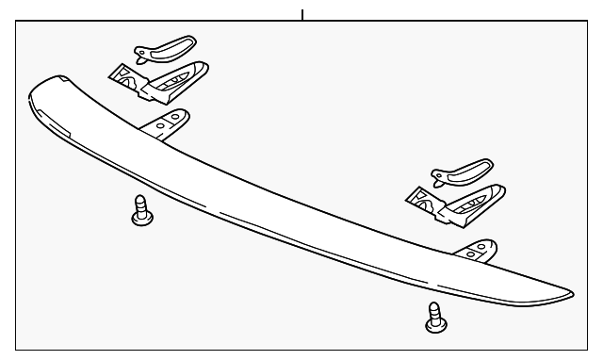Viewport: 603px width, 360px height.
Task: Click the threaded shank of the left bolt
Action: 140,204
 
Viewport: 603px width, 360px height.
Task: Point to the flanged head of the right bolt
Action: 434,325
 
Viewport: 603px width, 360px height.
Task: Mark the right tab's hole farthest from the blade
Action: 485,244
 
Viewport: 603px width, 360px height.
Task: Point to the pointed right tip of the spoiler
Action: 568,295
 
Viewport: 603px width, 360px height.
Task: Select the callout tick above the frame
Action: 302,14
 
